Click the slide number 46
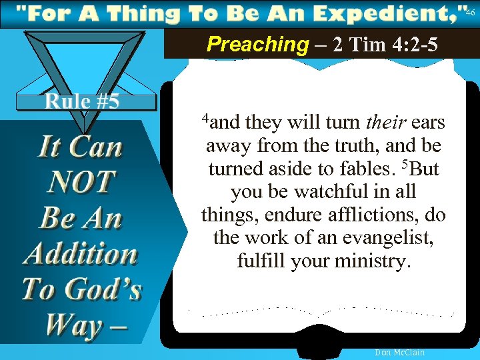(470, 13)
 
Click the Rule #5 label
(82, 101)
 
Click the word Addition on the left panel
(81, 253)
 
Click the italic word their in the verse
(386, 123)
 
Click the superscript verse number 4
(207, 119)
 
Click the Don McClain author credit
(399, 352)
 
